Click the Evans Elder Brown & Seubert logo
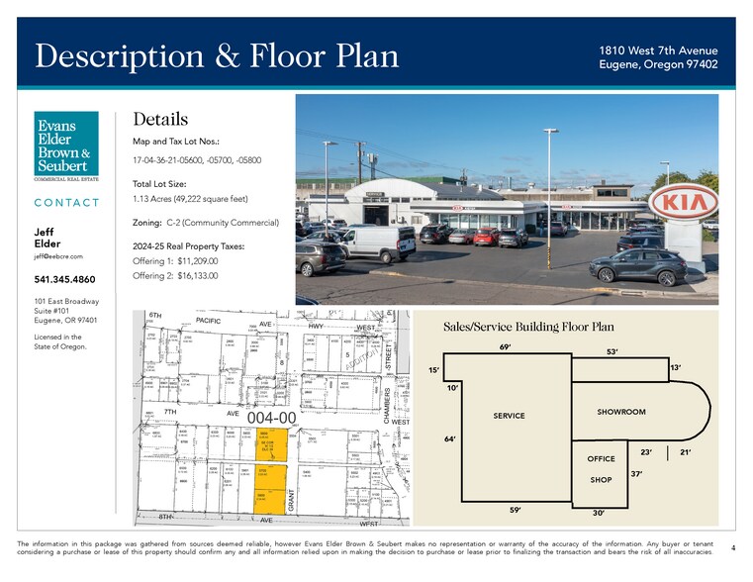65,146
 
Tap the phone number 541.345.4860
65,279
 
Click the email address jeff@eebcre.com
58,256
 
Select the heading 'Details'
160,119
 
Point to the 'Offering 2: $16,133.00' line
174,275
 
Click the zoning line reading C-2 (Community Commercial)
205,223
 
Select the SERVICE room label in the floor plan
509,416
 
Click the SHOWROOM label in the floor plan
620,412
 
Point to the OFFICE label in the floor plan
601,459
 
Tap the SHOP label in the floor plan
601,479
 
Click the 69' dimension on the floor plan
506,347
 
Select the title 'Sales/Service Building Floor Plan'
528,327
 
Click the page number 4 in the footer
732,547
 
